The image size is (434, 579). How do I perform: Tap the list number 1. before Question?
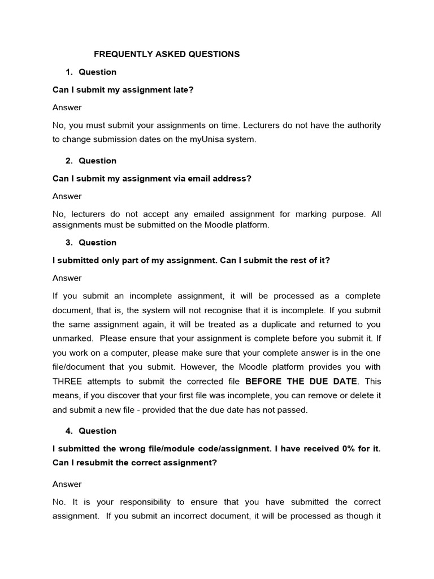(x=69, y=72)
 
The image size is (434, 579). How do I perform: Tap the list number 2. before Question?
(x=69, y=161)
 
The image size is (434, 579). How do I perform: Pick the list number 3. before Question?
(x=69, y=243)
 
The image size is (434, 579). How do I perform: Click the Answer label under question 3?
(x=67, y=278)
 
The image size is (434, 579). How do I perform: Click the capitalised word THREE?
(x=67, y=382)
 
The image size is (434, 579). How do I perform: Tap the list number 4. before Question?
(x=69, y=431)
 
